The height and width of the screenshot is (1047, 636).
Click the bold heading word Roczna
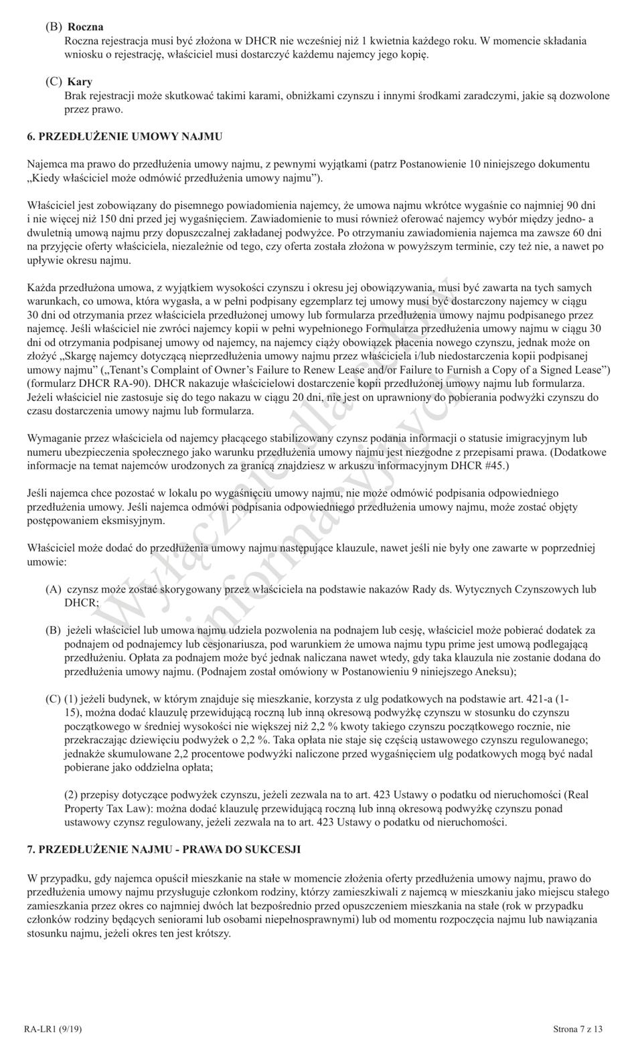[84, 27]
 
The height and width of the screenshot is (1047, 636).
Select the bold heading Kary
[80, 82]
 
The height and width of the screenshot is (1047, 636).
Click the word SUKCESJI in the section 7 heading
[277, 850]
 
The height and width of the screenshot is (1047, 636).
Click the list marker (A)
[54, 589]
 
